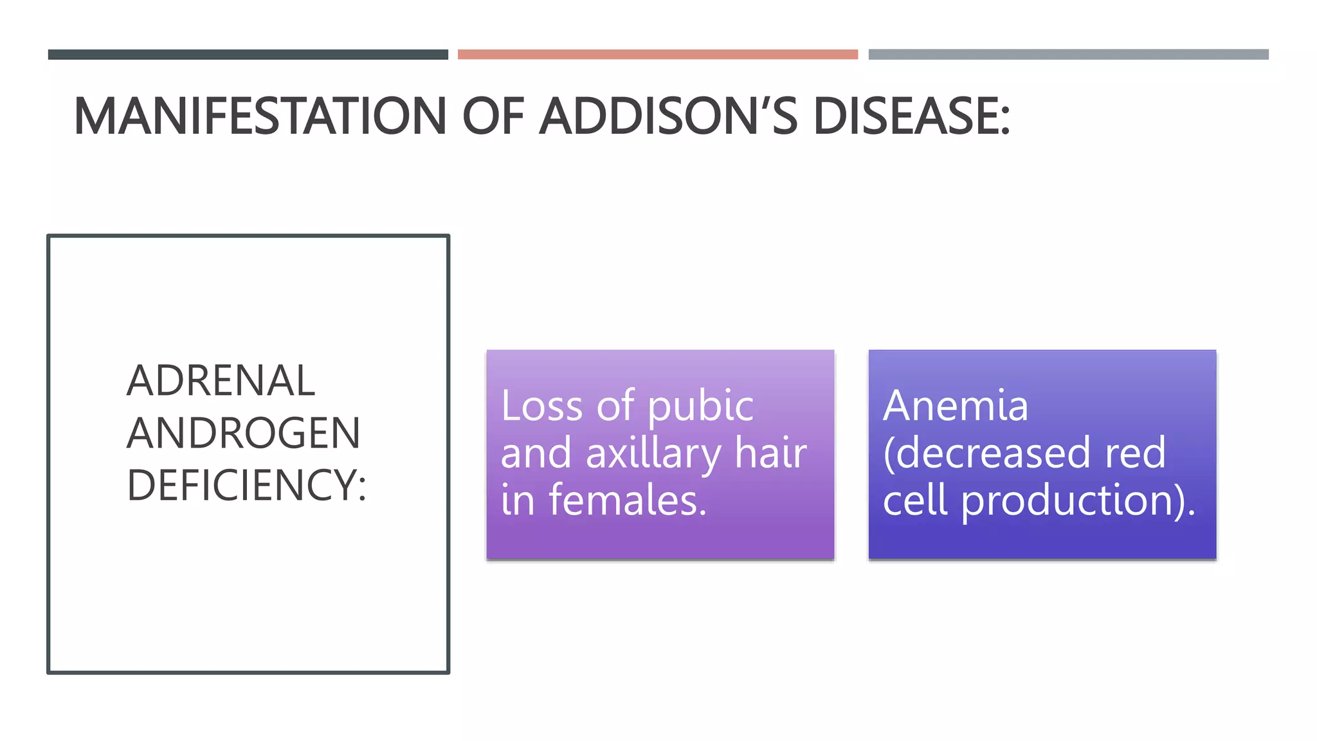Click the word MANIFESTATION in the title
pos(260,116)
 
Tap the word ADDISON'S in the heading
pos(669,116)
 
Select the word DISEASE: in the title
pos(912,116)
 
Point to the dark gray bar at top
pos(248,55)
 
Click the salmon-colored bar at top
pos(657,55)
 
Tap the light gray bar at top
pos(1068,55)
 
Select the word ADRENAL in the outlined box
pos(221,381)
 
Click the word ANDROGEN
pos(243,433)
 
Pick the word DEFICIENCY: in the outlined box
pos(246,485)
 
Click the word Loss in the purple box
pos(541,407)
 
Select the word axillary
pos(653,454)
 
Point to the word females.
pos(627,500)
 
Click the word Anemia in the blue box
pos(955,407)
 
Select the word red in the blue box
pos(1135,453)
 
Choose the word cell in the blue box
pos(915,500)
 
